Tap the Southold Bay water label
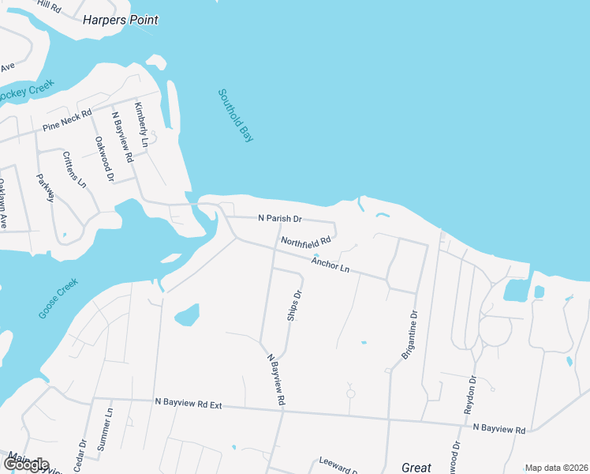point(236,115)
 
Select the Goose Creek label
point(58,298)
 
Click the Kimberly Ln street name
point(141,126)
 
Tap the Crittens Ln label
point(75,169)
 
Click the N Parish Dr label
point(280,218)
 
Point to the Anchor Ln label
point(330,264)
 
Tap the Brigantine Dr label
point(409,335)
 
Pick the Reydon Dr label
point(472,391)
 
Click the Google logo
point(25,465)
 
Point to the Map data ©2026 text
point(555,468)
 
